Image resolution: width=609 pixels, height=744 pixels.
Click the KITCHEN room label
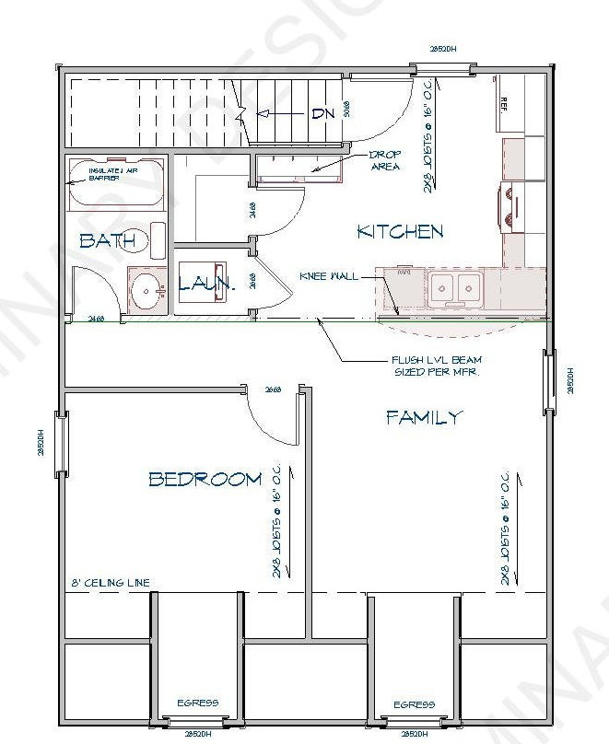400,232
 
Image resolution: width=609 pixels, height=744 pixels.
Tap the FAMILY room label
423,418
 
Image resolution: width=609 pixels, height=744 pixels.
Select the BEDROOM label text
205,479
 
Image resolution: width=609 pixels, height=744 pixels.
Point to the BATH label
113,241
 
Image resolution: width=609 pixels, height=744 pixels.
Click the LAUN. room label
207,285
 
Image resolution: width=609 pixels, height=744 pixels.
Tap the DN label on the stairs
322,114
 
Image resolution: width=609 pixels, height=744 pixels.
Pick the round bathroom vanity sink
146,292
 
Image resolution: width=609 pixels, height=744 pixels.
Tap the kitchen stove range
512,199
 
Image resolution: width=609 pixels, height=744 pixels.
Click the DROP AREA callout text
383,160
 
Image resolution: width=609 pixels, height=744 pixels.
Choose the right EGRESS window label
414,704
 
